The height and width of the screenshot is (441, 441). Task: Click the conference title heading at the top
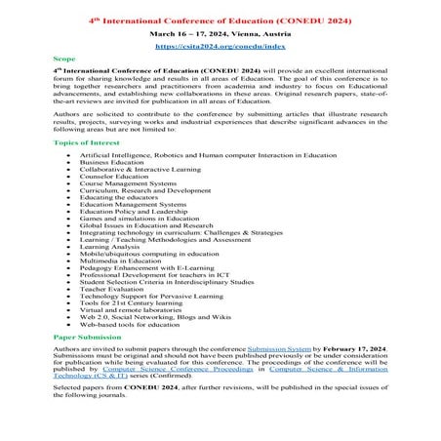click(220, 20)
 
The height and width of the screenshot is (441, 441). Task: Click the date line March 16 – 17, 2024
click(220, 32)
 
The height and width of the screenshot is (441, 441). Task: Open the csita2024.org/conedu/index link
click(220, 45)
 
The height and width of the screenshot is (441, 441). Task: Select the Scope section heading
click(63, 59)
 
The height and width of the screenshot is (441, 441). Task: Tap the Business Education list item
click(109, 161)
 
